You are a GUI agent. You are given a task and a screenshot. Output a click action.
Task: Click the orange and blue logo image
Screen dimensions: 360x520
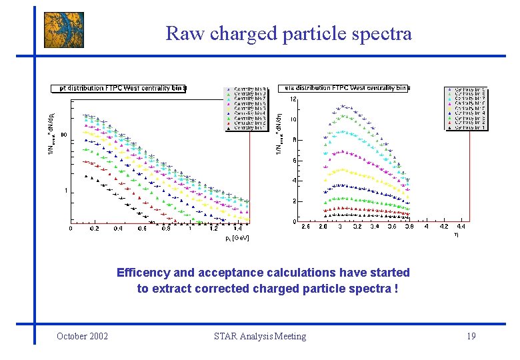point(64,30)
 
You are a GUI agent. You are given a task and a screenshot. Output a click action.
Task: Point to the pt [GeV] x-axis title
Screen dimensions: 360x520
point(237,238)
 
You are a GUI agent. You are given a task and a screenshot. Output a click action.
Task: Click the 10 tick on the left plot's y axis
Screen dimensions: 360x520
point(63,135)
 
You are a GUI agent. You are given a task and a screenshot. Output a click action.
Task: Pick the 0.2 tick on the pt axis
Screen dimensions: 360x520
point(94,228)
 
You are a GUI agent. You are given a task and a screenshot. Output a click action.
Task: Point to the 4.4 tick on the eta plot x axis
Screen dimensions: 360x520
point(461,227)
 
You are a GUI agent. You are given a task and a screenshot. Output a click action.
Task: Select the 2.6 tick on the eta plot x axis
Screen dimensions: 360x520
point(305,227)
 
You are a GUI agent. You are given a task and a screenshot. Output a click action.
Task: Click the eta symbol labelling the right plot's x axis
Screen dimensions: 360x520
point(457,235)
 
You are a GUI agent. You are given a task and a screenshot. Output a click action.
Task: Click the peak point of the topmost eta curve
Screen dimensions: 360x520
point(343,105)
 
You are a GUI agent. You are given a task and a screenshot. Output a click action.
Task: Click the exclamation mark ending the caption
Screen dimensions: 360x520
point(396,289)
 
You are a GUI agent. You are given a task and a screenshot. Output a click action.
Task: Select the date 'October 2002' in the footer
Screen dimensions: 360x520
point(83,336)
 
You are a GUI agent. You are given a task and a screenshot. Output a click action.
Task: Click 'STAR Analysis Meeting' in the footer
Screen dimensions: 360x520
point(260,336)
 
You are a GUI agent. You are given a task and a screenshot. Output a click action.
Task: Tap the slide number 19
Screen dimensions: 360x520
point(471,336)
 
